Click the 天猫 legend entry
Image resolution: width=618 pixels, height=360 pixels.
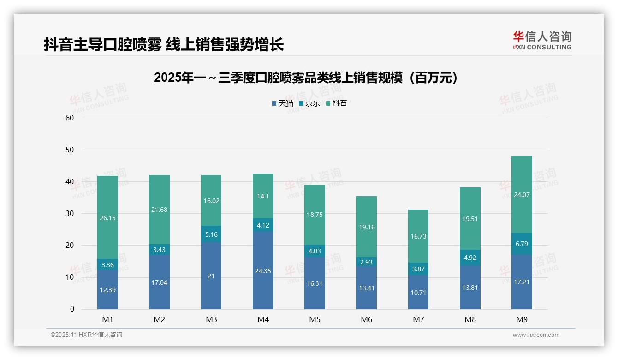tap(283, 103)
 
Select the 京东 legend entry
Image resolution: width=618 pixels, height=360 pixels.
tap(309, 103)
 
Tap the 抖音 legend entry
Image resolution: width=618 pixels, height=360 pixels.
tap(337, 103)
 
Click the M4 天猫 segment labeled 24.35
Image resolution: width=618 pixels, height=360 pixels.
tap(263, 271)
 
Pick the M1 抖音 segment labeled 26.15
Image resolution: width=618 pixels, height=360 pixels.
tap(107, 217)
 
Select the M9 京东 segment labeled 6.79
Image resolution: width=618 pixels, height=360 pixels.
tap(522, 243)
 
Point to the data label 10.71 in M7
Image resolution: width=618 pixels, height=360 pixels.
tap(418, 292)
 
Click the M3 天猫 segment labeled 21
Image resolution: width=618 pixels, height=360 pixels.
tap(211, 276)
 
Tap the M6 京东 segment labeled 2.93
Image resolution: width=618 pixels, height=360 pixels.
tap(367, 262)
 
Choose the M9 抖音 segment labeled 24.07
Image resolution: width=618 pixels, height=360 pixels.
tap(522, 194)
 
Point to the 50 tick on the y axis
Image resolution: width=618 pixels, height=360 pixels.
tap(70, 150)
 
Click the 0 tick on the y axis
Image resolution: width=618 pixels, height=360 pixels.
tap(72, 309)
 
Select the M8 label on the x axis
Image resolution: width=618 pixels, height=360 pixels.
tap(470, 319)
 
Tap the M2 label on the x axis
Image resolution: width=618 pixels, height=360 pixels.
tap(159, 319)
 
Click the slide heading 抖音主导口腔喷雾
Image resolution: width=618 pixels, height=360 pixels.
tap(163, 44)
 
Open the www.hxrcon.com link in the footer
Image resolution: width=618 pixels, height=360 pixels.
tap(535, 335)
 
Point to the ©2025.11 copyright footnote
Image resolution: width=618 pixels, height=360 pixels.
tap(86, 335)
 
